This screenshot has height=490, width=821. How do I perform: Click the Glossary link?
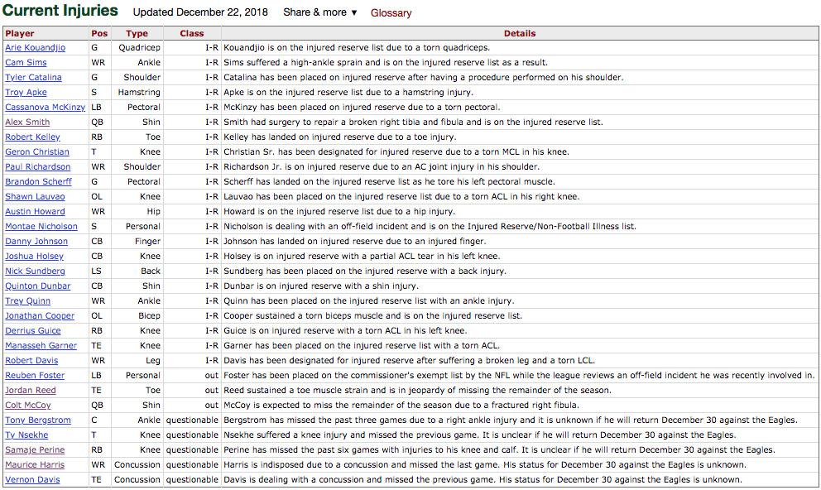(x=391, y=12)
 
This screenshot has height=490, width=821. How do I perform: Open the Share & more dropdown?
(x=319, y=12)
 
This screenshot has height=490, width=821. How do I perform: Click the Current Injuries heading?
(x=60, y=11)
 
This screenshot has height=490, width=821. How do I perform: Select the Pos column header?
(x=99, y=33)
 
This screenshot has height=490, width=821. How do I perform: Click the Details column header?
(x=519, y=33)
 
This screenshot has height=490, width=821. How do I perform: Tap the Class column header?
(x=191, y=33)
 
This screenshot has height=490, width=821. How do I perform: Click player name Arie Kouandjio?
(x=36, y=47)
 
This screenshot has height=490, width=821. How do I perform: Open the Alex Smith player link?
(x=27, y=122)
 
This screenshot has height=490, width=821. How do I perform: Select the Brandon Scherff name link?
(x=38, y=181)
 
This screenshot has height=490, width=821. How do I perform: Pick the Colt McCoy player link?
(x=27, y=405)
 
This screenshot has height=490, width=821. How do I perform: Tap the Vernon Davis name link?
(x=32, y=479)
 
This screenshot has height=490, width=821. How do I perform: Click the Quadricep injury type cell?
(x=139, y=47)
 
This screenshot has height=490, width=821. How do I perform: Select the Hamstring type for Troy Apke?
(x=139, y=92)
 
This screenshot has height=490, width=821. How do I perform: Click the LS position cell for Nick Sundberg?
(x=97, y=271)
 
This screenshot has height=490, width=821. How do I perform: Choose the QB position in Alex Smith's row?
(x=98, y=122)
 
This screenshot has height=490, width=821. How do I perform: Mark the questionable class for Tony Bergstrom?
(x=192, y=420)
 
